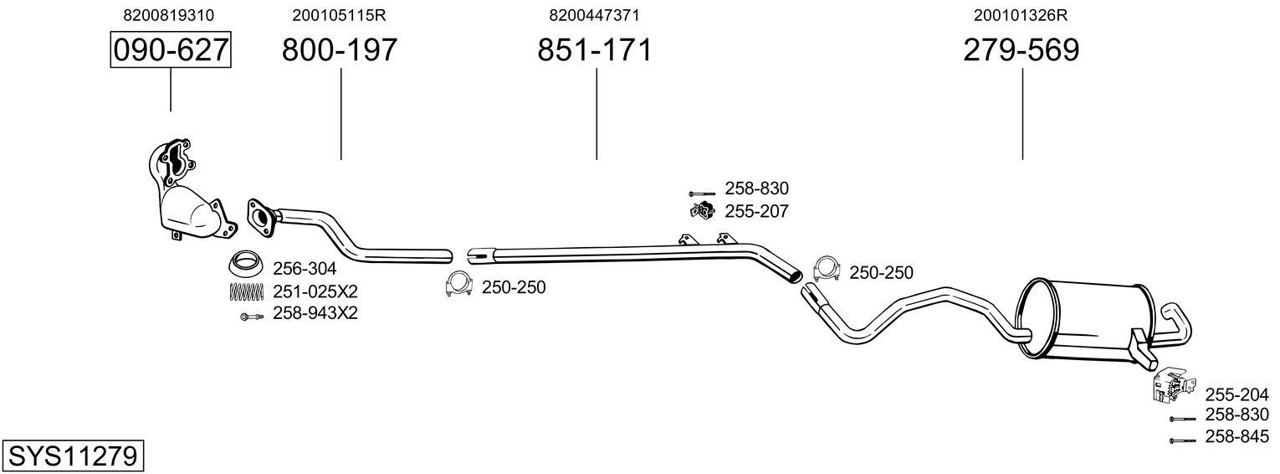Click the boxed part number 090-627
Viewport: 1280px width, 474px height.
click(171, 50)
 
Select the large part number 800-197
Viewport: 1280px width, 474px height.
click(340, 50)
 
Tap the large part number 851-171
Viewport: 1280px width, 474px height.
click(594, 50)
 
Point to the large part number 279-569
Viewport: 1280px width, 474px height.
click(1021, 50)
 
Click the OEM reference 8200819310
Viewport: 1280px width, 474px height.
click(168, 15)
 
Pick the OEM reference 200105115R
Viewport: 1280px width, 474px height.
click(339, 15)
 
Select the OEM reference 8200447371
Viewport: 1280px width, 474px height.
click(594, 15)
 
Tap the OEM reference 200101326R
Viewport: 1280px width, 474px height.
click(1021, 15)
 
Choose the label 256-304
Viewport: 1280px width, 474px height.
click(305, 269)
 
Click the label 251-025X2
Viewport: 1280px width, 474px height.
click(315, 291)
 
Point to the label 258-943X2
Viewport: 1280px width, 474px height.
click(315, 314)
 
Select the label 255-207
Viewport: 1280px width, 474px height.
click(756, 212)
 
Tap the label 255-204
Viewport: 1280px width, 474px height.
click(1236, 394)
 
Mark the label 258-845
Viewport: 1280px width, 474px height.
click(1236, 436)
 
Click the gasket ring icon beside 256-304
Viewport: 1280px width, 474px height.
click(246, 265)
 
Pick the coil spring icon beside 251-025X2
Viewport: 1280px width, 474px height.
click(246, 291)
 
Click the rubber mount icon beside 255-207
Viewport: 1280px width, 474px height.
click(701, 211)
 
